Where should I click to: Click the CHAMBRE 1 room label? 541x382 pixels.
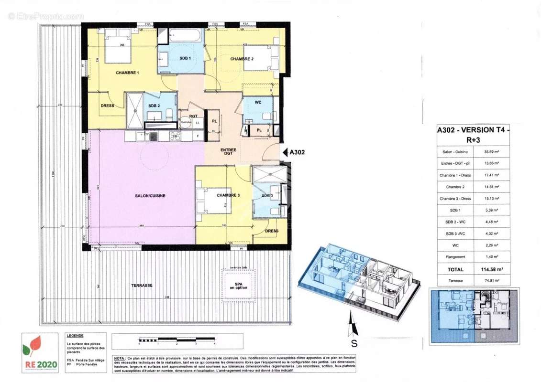pos(128,73)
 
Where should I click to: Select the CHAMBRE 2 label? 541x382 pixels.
pos(242,59)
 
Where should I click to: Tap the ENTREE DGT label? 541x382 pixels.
pos(229,152)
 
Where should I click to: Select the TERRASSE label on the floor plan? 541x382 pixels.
pos(142,285)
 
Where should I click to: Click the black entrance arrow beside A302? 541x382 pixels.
pos(281,153)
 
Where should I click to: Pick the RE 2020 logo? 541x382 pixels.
pos(40,353)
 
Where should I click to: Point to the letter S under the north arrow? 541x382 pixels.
pos(354,343)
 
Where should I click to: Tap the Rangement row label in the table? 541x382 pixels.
pos(454,257)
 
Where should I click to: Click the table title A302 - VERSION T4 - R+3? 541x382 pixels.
pos(473,135)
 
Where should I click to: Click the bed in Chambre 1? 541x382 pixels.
pos(118,48)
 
